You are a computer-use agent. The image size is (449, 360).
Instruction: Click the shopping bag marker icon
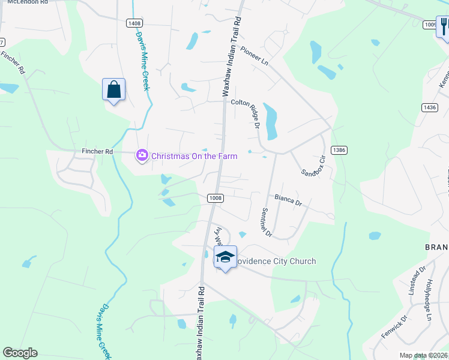tap(114, 90)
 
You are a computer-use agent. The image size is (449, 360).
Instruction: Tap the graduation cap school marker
tap(225, 257)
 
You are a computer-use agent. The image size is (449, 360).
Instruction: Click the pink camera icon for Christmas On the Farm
tap(142, 156)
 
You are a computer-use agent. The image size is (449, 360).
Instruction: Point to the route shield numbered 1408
tap(134, 23)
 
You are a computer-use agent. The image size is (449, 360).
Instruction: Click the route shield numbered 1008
tap(215, 198)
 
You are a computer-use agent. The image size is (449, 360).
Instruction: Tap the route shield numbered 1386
tap(338, 149)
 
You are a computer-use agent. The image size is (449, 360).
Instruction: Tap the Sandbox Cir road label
tap(313, 163)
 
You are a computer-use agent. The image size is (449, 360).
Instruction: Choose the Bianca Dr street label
tap(288, 200)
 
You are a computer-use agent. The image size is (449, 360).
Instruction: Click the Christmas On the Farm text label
tap(194, 156)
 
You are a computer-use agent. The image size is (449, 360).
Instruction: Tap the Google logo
tap(20, 353)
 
